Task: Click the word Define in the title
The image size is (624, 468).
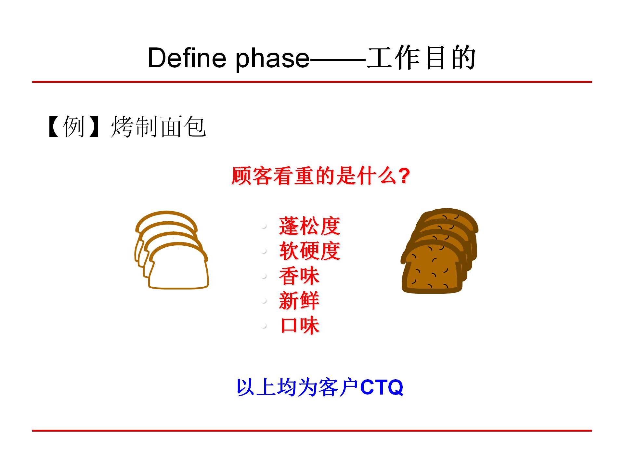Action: click(x=187, y=58)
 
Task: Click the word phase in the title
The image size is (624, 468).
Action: click(x=272, y=58)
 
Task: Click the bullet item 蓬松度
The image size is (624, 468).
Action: click(x=309, y=226)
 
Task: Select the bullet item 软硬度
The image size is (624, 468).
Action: click(x=309, y=251)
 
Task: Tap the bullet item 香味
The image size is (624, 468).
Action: click(x=299, y=276)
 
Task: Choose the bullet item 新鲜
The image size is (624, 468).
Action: click(x=299, y=301)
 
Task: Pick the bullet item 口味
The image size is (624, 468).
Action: click(x=300, y=326)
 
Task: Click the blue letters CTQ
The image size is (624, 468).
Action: click(x=382, y=387)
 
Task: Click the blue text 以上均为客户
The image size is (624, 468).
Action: click(x=297, y=387)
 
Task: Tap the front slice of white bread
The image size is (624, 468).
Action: click(x=179, y=270)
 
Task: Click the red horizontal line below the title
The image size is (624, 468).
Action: click(x=312, y=82)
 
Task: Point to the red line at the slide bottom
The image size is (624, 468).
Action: click(x=312, y=431)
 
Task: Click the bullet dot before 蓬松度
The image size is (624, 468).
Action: click(x=264, y=226)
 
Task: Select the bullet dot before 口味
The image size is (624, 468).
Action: click(x=264, y=326)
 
